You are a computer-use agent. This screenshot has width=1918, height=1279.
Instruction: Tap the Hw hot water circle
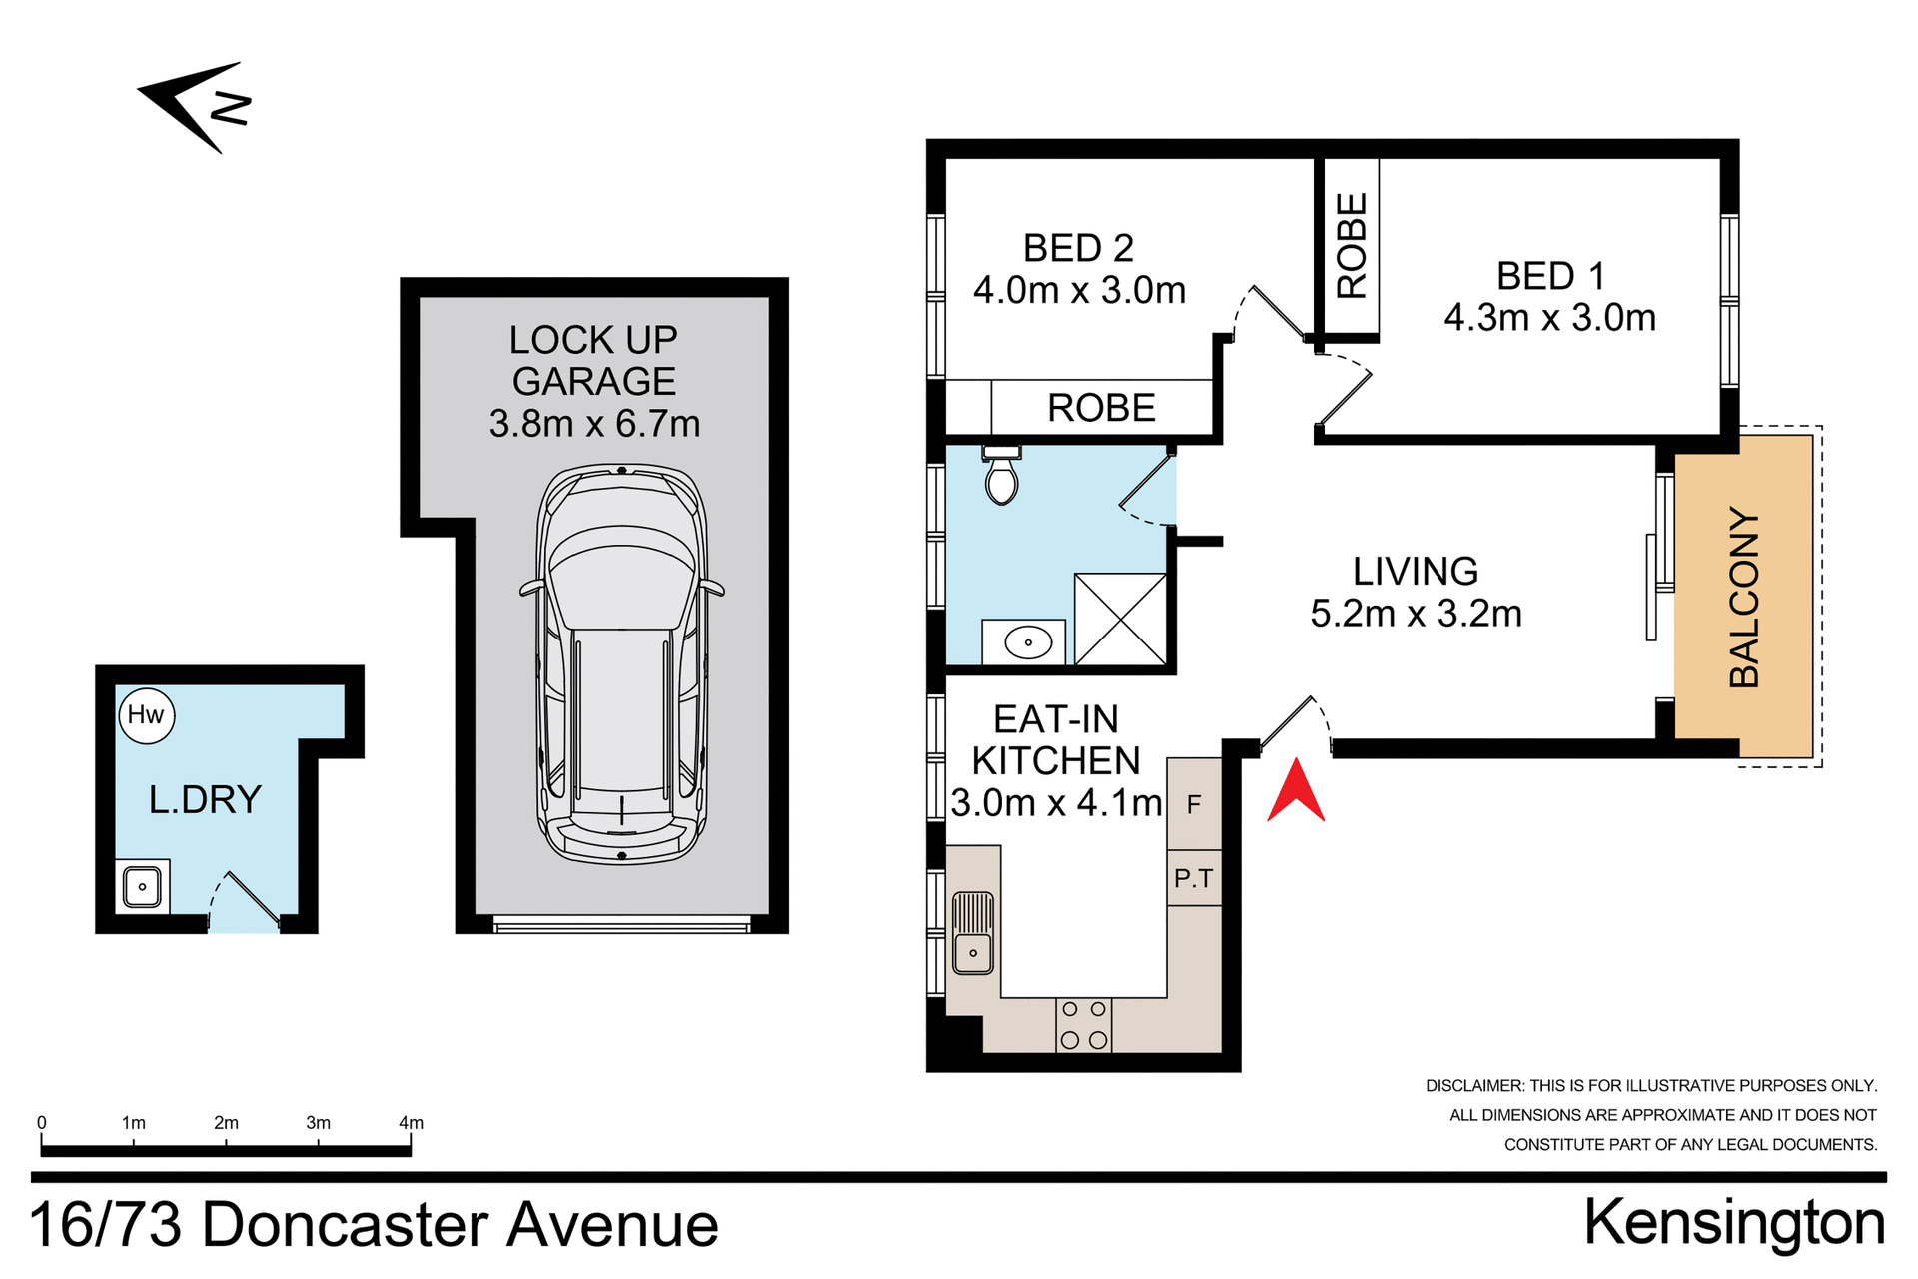[147, 715]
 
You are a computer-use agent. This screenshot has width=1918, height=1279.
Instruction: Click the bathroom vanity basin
[1027, 642]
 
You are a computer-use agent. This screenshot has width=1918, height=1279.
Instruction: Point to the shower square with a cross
[1120, 619]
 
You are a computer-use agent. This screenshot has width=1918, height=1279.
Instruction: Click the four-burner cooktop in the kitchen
[1083, 1025]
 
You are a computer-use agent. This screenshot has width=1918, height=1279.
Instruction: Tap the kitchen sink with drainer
[972, 933]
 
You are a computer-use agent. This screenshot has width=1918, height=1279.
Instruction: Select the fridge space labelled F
[1194, 804]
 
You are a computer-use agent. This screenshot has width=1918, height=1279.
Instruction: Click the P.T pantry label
[1194, 879]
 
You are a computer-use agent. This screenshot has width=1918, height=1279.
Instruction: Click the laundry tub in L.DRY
[142, 887]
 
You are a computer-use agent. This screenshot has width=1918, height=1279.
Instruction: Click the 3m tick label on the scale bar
[318, 1123]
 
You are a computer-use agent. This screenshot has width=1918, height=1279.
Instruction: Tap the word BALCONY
[1744, 598]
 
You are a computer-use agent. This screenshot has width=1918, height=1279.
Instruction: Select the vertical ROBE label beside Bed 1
[1351, 246]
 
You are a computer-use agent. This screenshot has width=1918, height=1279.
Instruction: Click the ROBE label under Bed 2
[1101, 408]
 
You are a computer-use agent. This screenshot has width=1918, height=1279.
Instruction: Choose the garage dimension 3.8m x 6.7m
[594, 424]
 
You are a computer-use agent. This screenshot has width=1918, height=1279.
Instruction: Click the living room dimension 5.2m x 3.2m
[1416, 614]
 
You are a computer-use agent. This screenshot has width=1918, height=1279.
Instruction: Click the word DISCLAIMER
[1473, 1086]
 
